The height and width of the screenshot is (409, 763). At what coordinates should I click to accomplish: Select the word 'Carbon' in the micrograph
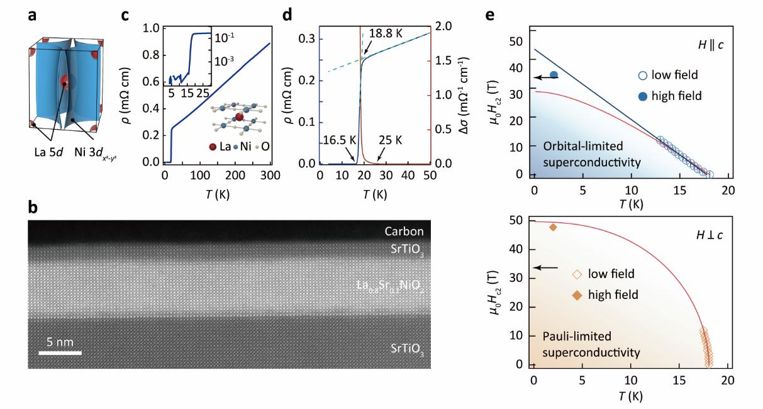point(404,232)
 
